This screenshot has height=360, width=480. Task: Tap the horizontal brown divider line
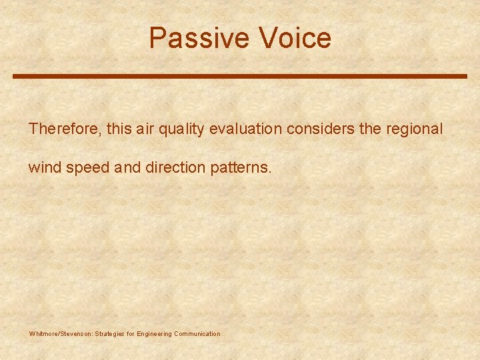point(240,76)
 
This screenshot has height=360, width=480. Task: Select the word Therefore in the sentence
point(64,129)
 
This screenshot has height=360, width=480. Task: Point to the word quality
point(181,129)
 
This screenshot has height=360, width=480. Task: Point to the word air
point(146,129)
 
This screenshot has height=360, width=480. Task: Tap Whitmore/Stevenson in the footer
point(61,333)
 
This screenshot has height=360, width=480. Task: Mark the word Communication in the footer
point(197,333)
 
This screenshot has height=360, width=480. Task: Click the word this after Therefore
point(119,129)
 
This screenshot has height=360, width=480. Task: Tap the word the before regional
point(370,129)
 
